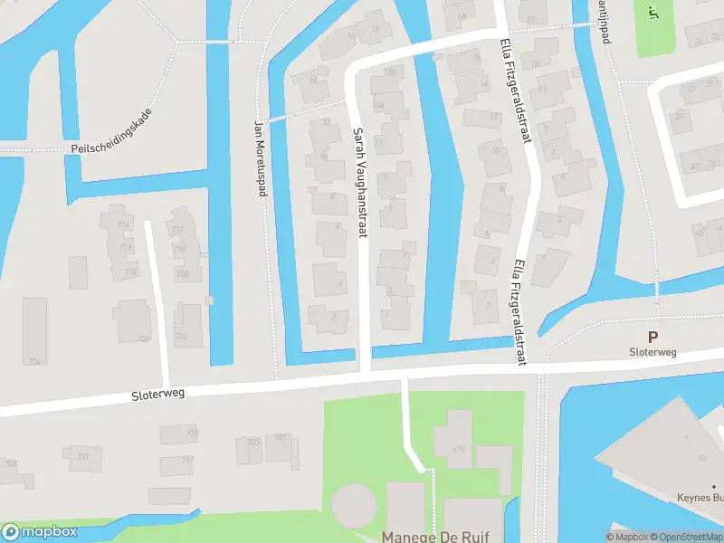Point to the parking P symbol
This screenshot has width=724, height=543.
point(653,336)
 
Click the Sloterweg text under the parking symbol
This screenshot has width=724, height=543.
point(653,352)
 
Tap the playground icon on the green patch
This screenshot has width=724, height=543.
point(653,12)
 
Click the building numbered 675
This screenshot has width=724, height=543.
point(459,449)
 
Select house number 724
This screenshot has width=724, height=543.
point(35,361)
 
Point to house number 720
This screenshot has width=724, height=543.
point(141,338)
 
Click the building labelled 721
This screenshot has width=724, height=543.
point(82,456)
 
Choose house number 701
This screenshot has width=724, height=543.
point(281,438)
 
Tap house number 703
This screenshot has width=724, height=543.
point(253,442)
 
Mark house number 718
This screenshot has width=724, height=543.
point(131,271)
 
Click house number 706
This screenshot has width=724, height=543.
point(181,337)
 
